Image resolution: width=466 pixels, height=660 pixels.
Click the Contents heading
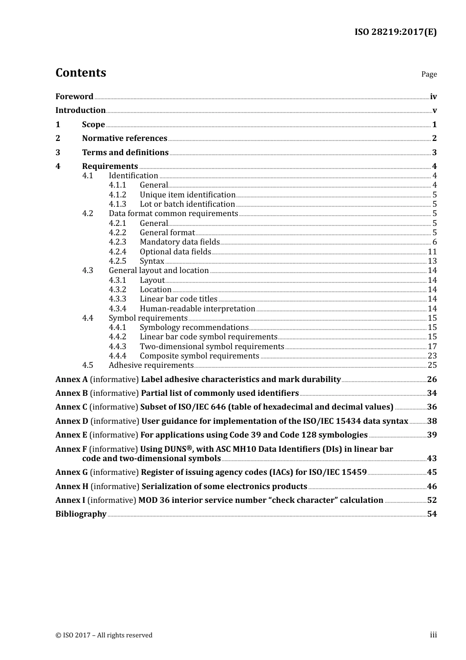(x=80, y=73)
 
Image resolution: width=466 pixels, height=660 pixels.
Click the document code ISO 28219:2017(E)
(x=395, y=32)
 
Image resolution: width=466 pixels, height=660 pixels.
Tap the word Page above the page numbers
(x=429, y=74)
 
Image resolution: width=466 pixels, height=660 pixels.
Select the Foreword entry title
(x=74, y=97)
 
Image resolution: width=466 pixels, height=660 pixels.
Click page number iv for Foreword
(x=433, y=97)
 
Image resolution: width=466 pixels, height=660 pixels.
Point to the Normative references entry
(x=125, y=138)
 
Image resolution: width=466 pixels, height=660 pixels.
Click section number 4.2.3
(x=117, y=242)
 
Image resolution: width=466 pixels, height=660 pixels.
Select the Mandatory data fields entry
(x=180, y=242)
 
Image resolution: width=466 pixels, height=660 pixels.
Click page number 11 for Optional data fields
(x=432, y=251)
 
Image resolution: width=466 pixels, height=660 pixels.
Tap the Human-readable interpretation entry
(x=197, y=309)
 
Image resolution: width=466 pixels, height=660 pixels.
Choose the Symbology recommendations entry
(x=194, y=328)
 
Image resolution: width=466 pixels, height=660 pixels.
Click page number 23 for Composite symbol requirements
(x=432, y=356)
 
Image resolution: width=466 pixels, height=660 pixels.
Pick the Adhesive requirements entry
(x=151, y=365)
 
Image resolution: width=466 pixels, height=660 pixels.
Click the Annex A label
(x=71, y=380)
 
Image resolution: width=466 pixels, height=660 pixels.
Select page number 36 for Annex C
(x=432, y=407)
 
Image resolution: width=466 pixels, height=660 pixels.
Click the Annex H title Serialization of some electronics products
(x=224, y=487)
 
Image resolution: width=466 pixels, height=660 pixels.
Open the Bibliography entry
(x=81, y=514)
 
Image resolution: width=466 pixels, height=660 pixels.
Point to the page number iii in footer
(x=433, y=635)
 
